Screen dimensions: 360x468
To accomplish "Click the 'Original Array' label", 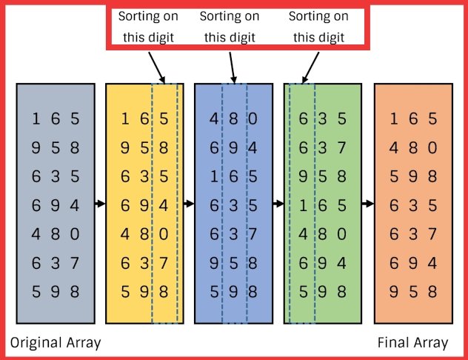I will pyautogui.click(x=56, y=342).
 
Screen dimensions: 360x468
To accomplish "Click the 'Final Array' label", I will pyautogui.click(x=412, y=342).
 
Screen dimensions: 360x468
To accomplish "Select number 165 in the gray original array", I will pyautogui.click(x=56, y=119).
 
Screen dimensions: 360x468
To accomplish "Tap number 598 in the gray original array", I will pyautogui.click(x=56, y=291).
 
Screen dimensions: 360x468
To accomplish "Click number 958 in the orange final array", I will pyautogui.click(x=413, y=291).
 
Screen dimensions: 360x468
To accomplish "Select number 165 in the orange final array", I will pyautogui.click(x=413, y=119).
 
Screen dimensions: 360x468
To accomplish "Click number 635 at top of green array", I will pyautogui.click(x=322, y=119).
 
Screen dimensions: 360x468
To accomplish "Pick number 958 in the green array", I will pyautogui.click(x=322, y=176).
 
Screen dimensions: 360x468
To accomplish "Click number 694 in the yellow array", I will pyautogui.click(x=144, y=204).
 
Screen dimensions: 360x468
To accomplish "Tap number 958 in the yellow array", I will pyautogui.click(x=144, y=147).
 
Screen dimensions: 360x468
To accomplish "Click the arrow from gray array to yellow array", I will pyautogui.click(x=100, y=204).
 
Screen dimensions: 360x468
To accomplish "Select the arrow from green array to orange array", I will pyautogui.click(x=367, y=204).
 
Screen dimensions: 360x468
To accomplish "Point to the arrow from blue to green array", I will pyautogui.click(x=278, y=204).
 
